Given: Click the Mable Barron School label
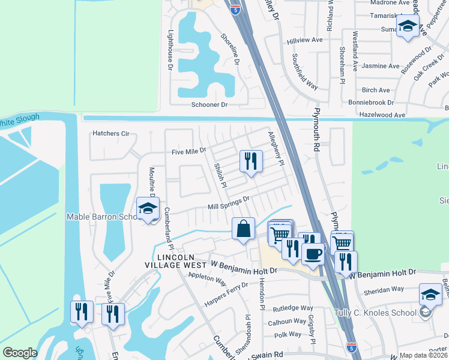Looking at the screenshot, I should point(102,217).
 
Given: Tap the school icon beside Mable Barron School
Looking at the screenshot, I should point(147,209).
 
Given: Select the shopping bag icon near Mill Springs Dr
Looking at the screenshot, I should point(243,229).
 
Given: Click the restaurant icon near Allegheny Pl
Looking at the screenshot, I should point(250,161).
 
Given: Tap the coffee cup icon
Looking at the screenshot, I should point(312,254).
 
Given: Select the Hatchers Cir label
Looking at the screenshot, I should point(111,133).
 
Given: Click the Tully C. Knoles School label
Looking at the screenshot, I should point(375,313).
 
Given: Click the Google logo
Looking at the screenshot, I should point(20,353).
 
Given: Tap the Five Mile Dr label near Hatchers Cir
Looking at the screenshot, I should point(189,151).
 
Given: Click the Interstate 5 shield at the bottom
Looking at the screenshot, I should point(352,347).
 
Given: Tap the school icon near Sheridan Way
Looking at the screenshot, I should point(430,294).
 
